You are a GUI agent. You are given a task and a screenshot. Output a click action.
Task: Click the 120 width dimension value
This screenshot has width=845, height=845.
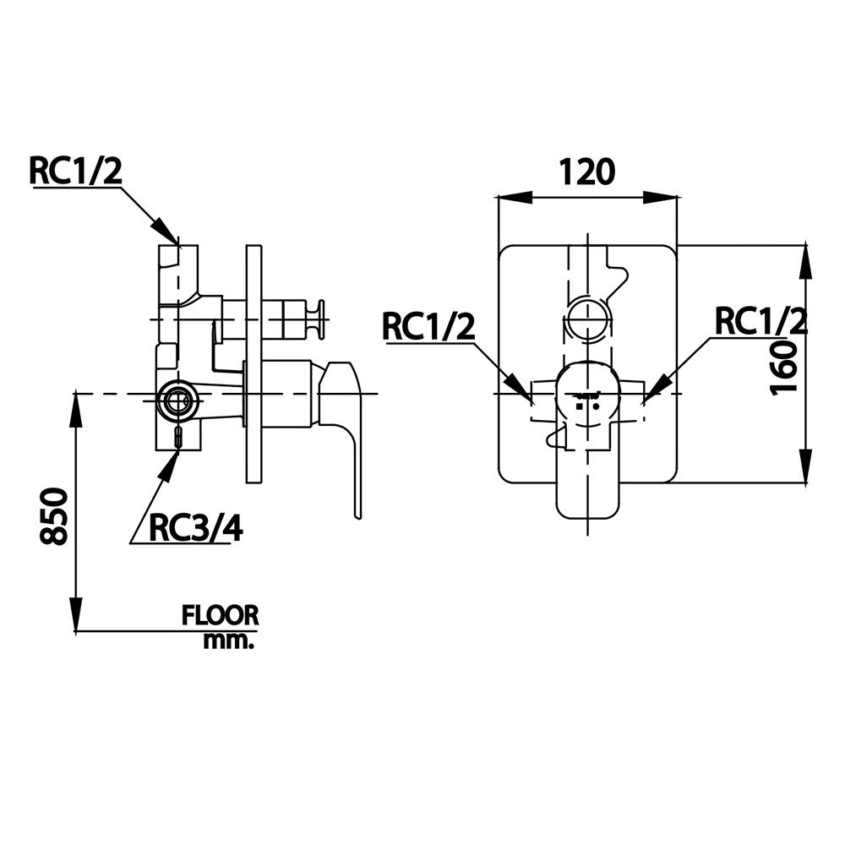(x=586, y=172)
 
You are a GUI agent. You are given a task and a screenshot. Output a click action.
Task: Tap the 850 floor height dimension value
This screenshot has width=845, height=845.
(x=54, y=515)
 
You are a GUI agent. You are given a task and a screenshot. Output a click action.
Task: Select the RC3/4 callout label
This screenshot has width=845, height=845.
(x=195, y=527)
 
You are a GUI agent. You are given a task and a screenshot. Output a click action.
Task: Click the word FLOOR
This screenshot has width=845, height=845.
(x=220, y=615)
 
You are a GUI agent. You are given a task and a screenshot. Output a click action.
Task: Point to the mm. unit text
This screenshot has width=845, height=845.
(x=228, y=641)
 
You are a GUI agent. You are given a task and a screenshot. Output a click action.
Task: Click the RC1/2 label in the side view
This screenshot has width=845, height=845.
(x=75, y=171)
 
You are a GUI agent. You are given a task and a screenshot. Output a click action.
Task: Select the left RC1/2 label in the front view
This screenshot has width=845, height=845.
(x=429, y=326)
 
